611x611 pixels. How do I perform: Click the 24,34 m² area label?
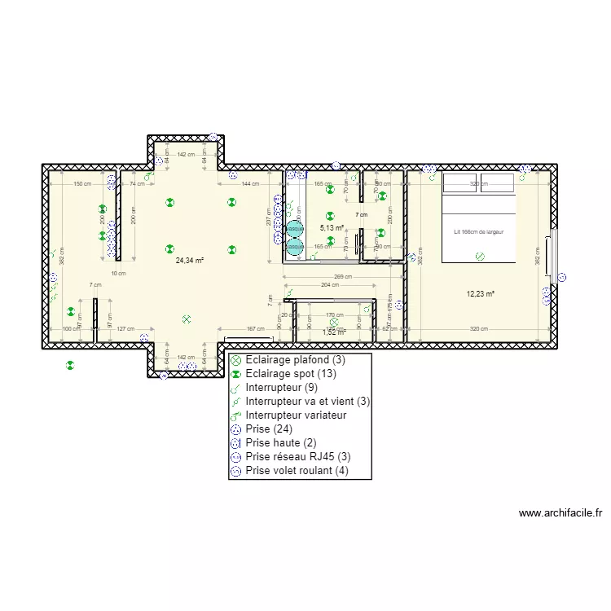[x=189, y=262]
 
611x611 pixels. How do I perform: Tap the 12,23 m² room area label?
[x=481, y=294]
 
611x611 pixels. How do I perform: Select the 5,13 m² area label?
[x=332, y=229]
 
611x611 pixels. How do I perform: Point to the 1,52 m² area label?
[x=334, y=332]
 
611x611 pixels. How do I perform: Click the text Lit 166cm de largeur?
[x=479, y=232]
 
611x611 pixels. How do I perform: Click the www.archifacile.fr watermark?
[x=560, y=513]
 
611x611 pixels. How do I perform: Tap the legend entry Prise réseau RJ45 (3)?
[x=297, y=456]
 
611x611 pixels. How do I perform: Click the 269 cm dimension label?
[x=344, y=276]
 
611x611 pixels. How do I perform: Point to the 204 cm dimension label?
[x=330, y=285]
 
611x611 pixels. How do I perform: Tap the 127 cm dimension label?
[x=125, y=329]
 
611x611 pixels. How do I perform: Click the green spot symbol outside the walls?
[x=71, y=366]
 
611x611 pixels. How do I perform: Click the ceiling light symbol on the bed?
[x=480, y=257]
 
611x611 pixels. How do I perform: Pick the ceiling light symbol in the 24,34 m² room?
[x=187, y=320]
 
